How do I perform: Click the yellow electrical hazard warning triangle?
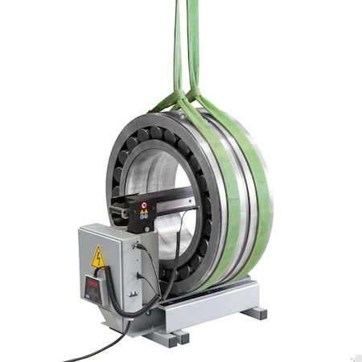pyautogui.click(x=98, y=258)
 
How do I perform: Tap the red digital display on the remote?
pyautogui.click(x=93, y=286)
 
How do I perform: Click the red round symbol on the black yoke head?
pyautogui.click(x=145, y=205)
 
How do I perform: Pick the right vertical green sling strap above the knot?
pyautogui.click(x=193, y=40)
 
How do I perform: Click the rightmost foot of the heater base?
pyautogui.click(x=256, y=312)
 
